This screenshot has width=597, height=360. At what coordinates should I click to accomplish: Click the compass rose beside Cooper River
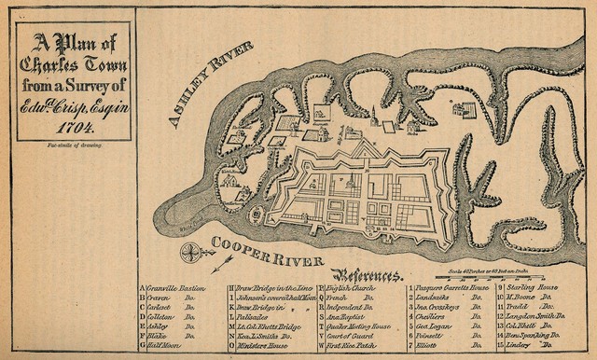point(194,251)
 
